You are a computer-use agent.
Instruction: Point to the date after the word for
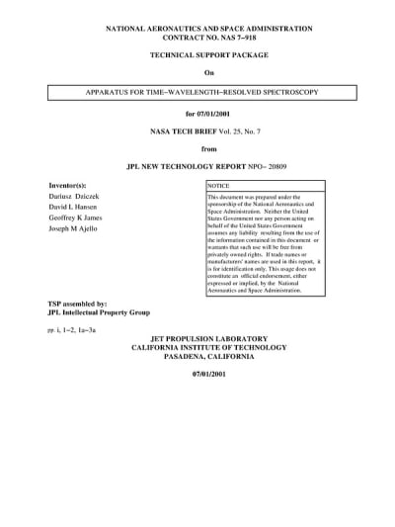[216, 115]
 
